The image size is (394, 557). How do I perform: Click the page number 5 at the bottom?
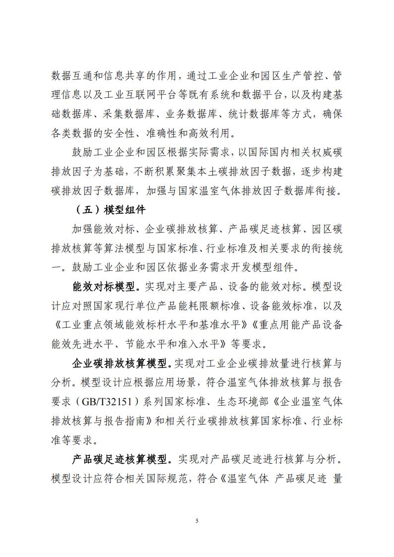tap(197, 520)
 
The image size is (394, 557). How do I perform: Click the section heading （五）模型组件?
tap(110, 210)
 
